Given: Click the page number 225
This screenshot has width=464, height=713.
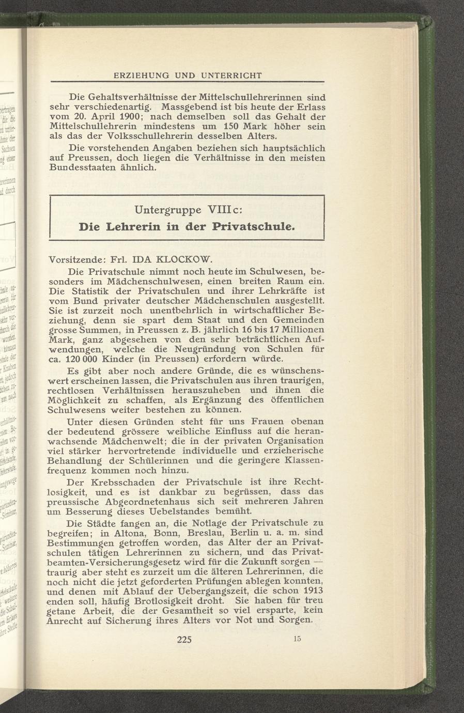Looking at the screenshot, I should tap(184, 639).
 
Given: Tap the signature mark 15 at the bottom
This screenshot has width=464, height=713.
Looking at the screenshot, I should tap(296, 639).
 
